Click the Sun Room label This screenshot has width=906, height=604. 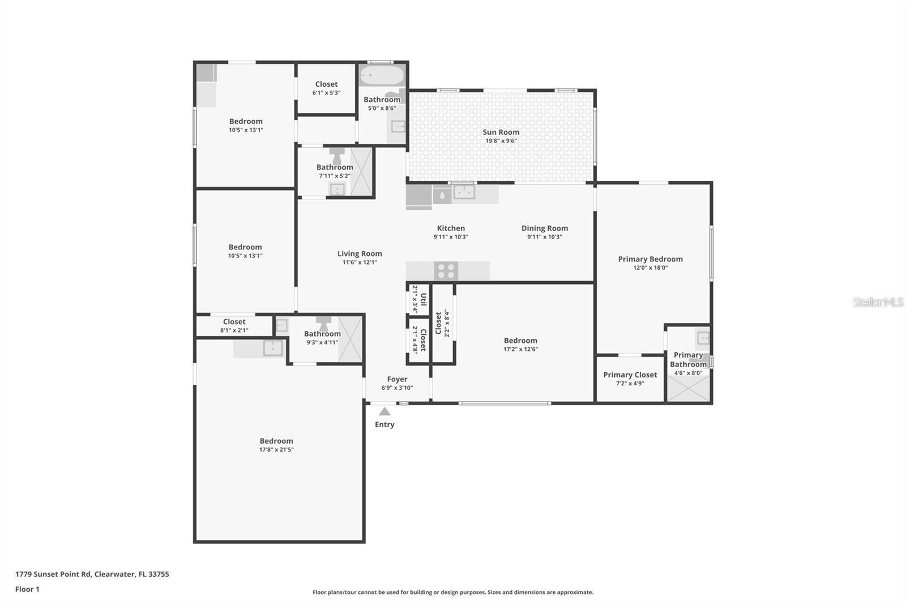pyautogui.click(x=501, y=132)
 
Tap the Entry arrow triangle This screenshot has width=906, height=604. pyautogui.click(x=384, y=411)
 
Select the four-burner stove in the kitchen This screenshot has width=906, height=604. pyautogui.click(x=446, y=271)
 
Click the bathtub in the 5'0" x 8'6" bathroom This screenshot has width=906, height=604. pyautogui.click(x=382, y=75)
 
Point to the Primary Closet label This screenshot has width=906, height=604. pyautogui.click(x=630, y=375)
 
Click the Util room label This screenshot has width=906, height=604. pyautogui.click(x=424, y=300)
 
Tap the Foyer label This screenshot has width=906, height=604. pyautogui.click(x=397, y=379)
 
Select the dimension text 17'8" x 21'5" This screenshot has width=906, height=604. pyautogui.click(x=276, y=449)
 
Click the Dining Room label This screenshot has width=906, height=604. pyautogui.click(x=544, y=228)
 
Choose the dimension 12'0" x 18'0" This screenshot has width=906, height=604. pyautogui.click(x=651, y=267)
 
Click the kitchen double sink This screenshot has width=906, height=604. pyautogui.click(x=464, y=192)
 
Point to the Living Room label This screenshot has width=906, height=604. pyautogui.click(x=360, y=253)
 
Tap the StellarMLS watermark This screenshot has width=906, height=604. pyautogui.click(x=878, y=302)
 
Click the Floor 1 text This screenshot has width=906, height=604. pyautogui.click(x=27, y=589)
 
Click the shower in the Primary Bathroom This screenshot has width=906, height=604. pyautogui.click(x=688, y=389)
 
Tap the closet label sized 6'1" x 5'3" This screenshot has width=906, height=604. pyautogui.click(x=326, y=84)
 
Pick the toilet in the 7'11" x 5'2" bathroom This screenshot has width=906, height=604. pyautogui.click(x=336, y=156)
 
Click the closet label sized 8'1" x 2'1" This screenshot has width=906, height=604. pyautogui.click(x=234, y=321)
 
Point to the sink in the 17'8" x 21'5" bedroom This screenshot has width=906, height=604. pyautogui.click(x=273, y=348)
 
